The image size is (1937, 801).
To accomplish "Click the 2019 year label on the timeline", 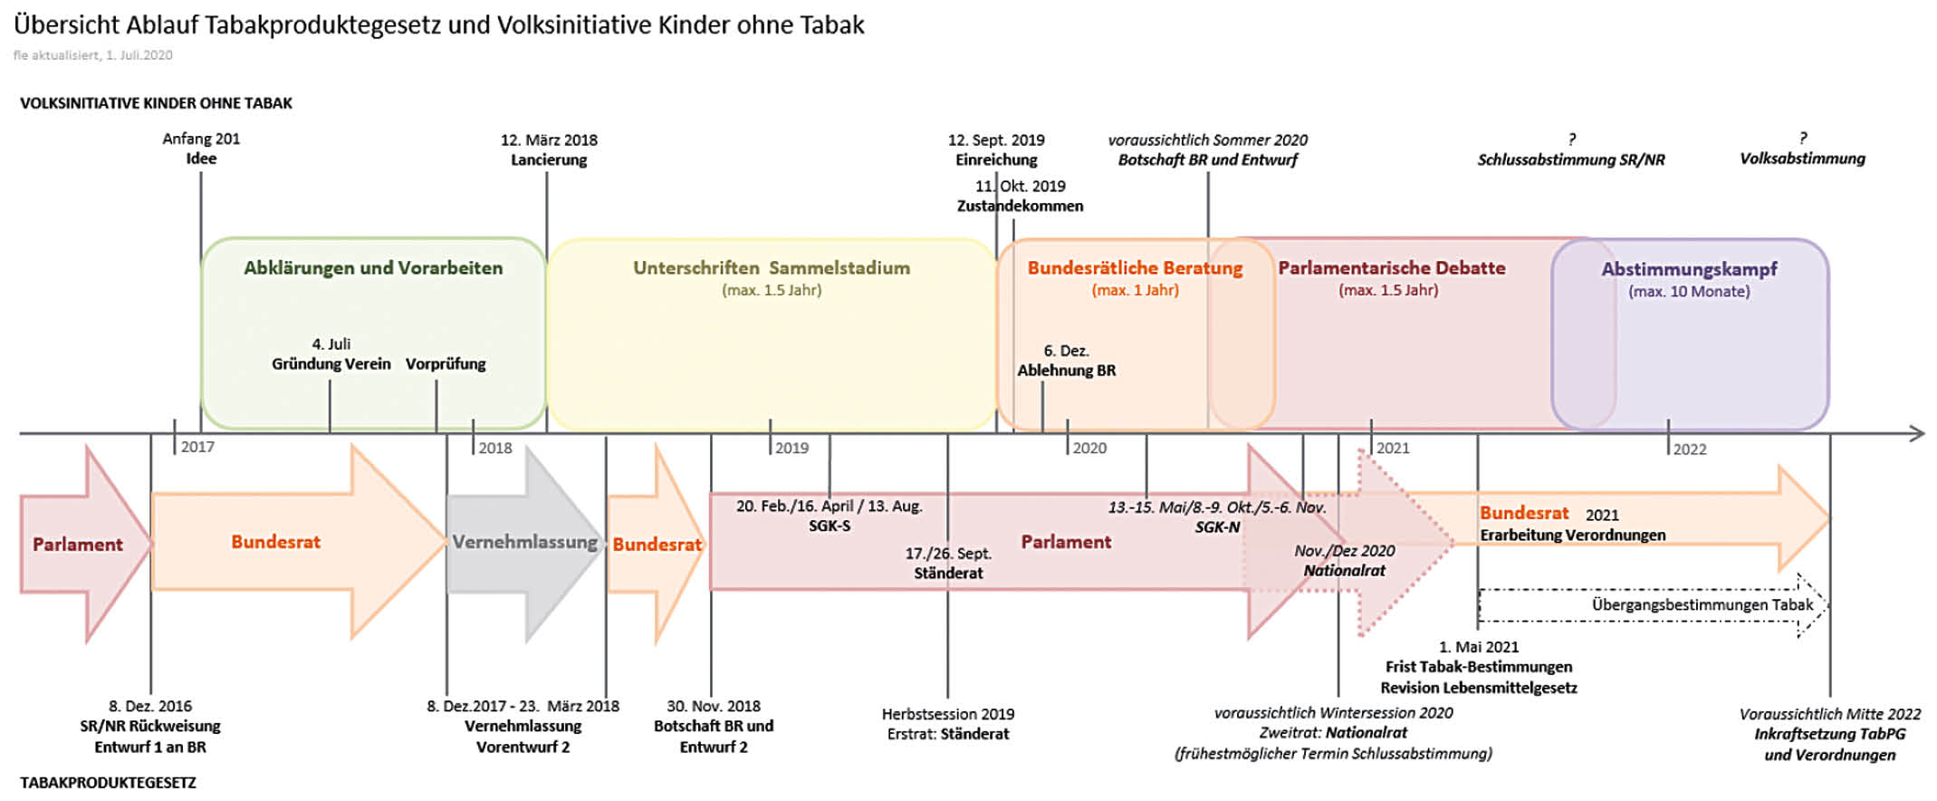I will (x=791, y=448).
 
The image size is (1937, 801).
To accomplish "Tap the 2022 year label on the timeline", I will (x=1689, y=449).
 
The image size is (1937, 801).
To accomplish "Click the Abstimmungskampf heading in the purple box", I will (x=1689, y=269).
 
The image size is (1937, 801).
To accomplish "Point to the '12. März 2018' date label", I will (x=549, y=140).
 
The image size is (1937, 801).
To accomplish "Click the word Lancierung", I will (x=549, y=160).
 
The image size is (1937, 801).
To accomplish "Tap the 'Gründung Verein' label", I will (x=331, y=364).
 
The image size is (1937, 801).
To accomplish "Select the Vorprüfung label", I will (x=446, y=364).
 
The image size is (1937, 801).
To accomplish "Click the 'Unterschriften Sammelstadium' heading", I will (x=772, y=268).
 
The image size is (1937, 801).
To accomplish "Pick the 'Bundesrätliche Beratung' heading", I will (x=1135, y=268).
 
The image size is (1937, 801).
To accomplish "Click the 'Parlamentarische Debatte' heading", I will (x=1391, y=268).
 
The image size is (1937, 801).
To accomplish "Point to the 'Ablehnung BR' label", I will (x=1066, y=371).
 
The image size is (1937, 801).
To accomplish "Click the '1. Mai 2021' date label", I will (x=1479, y=647).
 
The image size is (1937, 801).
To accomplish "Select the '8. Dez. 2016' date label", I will (x=150, y=706).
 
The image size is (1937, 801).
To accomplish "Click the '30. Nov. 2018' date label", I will (x=714, y=706).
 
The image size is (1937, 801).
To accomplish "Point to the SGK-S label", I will (x=829, y=526).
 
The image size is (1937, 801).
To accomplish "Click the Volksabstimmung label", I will (x=1802, y=159).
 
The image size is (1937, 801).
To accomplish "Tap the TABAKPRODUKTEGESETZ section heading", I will (x=108, y=783).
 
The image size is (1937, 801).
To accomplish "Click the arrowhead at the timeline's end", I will (x=1916, y=434).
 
